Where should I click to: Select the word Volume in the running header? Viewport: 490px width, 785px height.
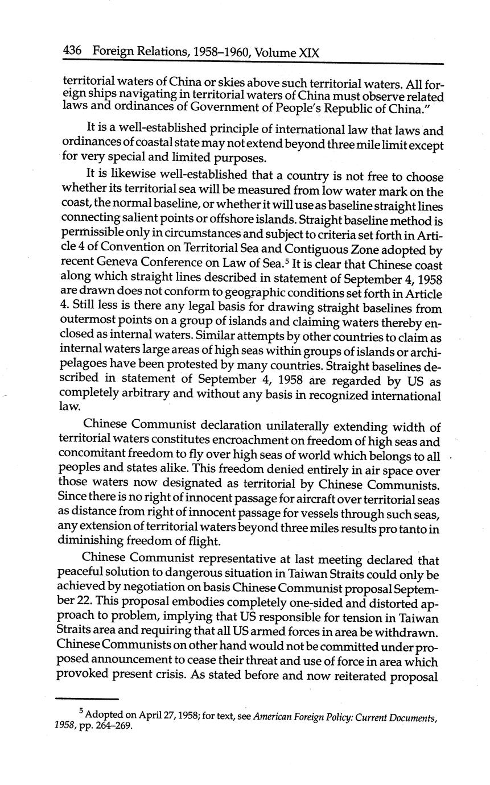pyautogui.click(x=276, y=53)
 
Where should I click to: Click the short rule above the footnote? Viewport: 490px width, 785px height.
pyautogui.click(x=87, y=699)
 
